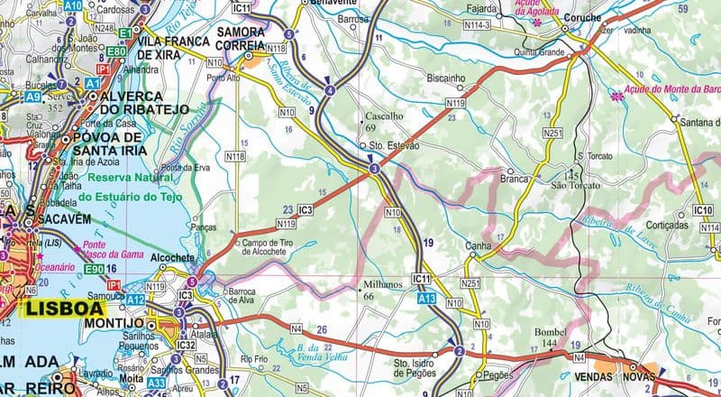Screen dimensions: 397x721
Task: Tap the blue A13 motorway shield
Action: pyautogui.click(x=428, y=297)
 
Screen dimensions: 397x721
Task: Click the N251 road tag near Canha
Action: pyautogui.click(x=473, y=284)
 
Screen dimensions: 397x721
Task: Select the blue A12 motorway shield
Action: pyautogui.click(x=135, y=299)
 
